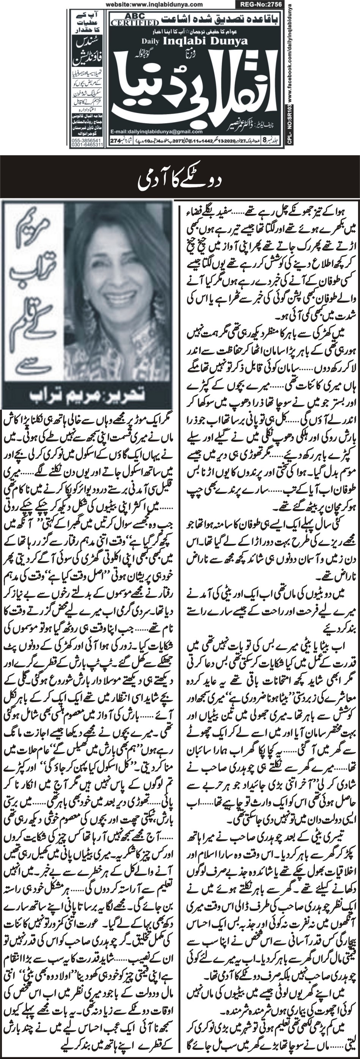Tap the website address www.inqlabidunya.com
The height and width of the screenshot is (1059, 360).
click(154, 5)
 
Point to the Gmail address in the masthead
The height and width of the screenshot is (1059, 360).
click(157, 132)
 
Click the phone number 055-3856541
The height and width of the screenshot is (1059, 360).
click(87, 140)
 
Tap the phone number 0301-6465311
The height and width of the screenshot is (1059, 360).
click(87, 145)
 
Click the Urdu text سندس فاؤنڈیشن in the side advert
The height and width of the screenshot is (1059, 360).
click(87, 51)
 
